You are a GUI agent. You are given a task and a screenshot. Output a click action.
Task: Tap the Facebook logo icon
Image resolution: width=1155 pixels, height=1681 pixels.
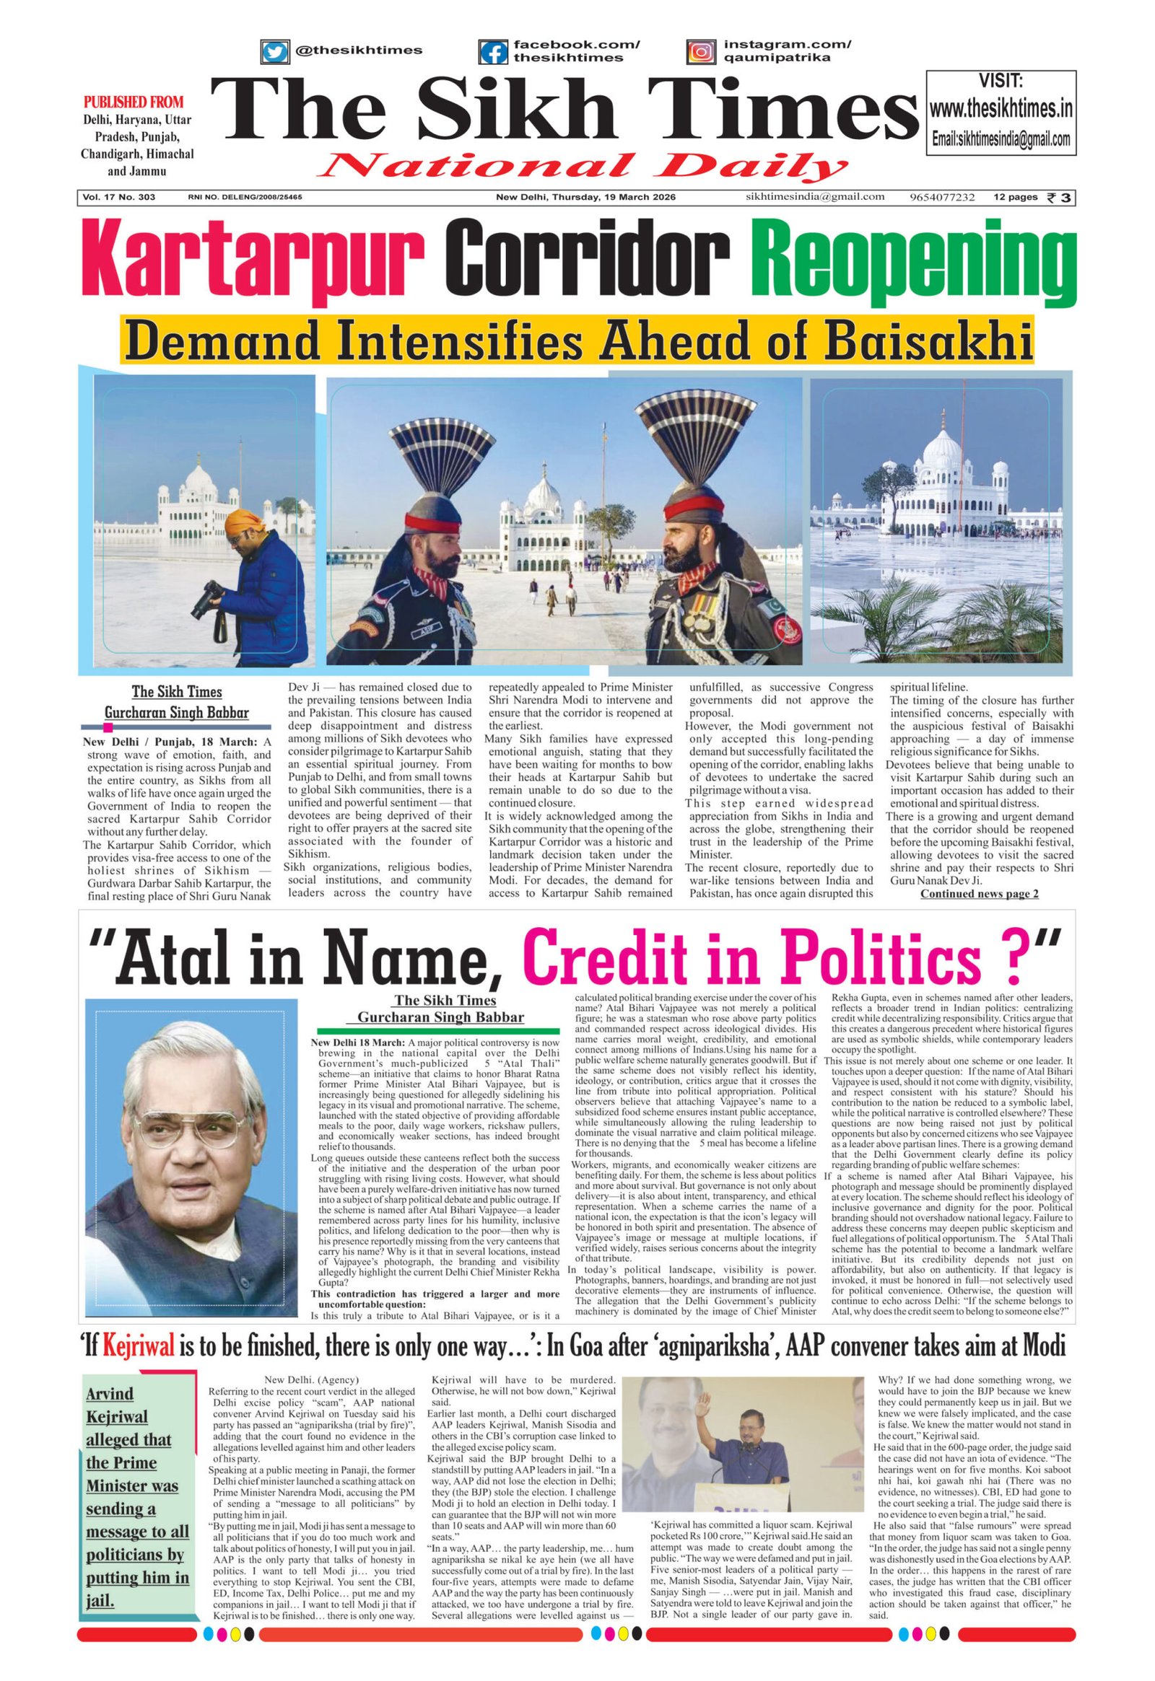494,51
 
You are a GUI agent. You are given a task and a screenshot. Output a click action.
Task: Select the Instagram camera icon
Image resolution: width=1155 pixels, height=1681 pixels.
699,51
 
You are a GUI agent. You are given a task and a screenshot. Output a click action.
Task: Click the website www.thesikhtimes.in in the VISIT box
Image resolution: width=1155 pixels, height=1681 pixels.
1001,110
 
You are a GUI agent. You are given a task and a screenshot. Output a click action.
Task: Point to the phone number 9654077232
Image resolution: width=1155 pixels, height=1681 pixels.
942,198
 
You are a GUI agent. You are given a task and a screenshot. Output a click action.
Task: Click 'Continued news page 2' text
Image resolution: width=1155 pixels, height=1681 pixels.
979,893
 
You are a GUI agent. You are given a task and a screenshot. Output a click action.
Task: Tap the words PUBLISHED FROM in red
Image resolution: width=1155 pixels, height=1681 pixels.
134,102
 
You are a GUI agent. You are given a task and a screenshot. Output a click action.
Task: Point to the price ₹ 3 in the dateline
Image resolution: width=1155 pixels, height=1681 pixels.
1061,198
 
